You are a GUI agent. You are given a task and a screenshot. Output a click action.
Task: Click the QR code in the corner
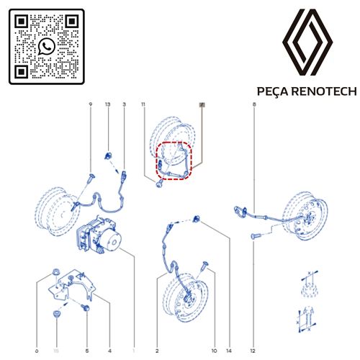pos(47,47)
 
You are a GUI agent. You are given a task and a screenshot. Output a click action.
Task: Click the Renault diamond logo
pos(307,44)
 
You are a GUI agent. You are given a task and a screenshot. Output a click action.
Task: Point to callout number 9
pos(90,105)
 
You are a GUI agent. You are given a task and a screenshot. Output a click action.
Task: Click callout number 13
pos(108,105)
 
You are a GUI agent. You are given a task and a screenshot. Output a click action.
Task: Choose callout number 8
pos(254,105)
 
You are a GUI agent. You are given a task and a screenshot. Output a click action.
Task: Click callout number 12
pos(253,351)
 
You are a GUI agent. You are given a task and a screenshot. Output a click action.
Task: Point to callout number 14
pos(230,351)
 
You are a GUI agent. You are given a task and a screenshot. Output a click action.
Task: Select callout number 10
pos(213,351)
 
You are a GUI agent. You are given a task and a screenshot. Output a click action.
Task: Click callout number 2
pos(156,351)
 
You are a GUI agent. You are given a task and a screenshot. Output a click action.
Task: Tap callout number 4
pos(109,351)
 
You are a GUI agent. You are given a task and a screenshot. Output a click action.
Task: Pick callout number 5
pos(86,351)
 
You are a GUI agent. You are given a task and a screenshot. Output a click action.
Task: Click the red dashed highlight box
pos(174,160)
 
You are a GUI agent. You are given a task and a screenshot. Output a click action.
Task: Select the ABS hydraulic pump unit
pos(101,235)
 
